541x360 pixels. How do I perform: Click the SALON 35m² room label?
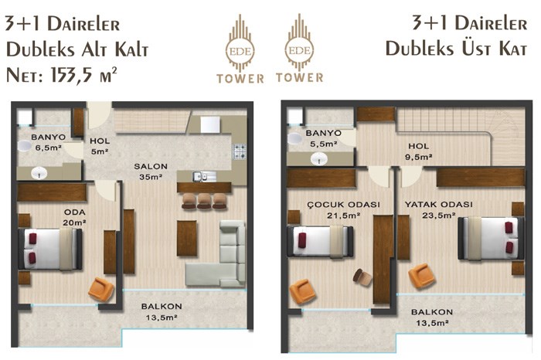pyautogui.click(x=151, y=172)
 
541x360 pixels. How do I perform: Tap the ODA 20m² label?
pyautogui.click(x=74, y=217)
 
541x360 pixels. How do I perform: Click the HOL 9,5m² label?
pyautogui.click(x=419, y=151)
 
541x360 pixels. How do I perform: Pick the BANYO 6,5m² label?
pyautogui.click(x=48, y=142)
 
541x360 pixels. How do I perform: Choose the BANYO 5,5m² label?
pyautogui.click(x=323, y=138)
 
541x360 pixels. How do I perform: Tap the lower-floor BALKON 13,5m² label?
pyautogui.click(x=162, y=312)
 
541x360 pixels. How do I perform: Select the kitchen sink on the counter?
pyautogui.click(x=204, y=176)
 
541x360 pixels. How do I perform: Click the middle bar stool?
pyautogui.click(x=204, y=201)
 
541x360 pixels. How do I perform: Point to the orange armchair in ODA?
pyautogui.click(x=101, y=290)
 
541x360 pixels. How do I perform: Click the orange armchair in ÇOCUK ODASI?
pyautogui.click(x=303, y=292)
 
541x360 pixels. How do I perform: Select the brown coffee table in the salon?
pyautogui.click(x=187, y=238)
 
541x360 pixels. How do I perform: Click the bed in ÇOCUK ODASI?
pyautogui.click(x=320, y=241)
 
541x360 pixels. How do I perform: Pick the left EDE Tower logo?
pyautogui.click(x=240, y=49)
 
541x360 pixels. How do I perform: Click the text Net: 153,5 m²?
pyautogui.click(x=62, y=74)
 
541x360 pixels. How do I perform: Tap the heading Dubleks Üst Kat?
pyautogui.click(x=456, y=48)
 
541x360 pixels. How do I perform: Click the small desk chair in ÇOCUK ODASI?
pyautogui.click(x=362, y=277)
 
